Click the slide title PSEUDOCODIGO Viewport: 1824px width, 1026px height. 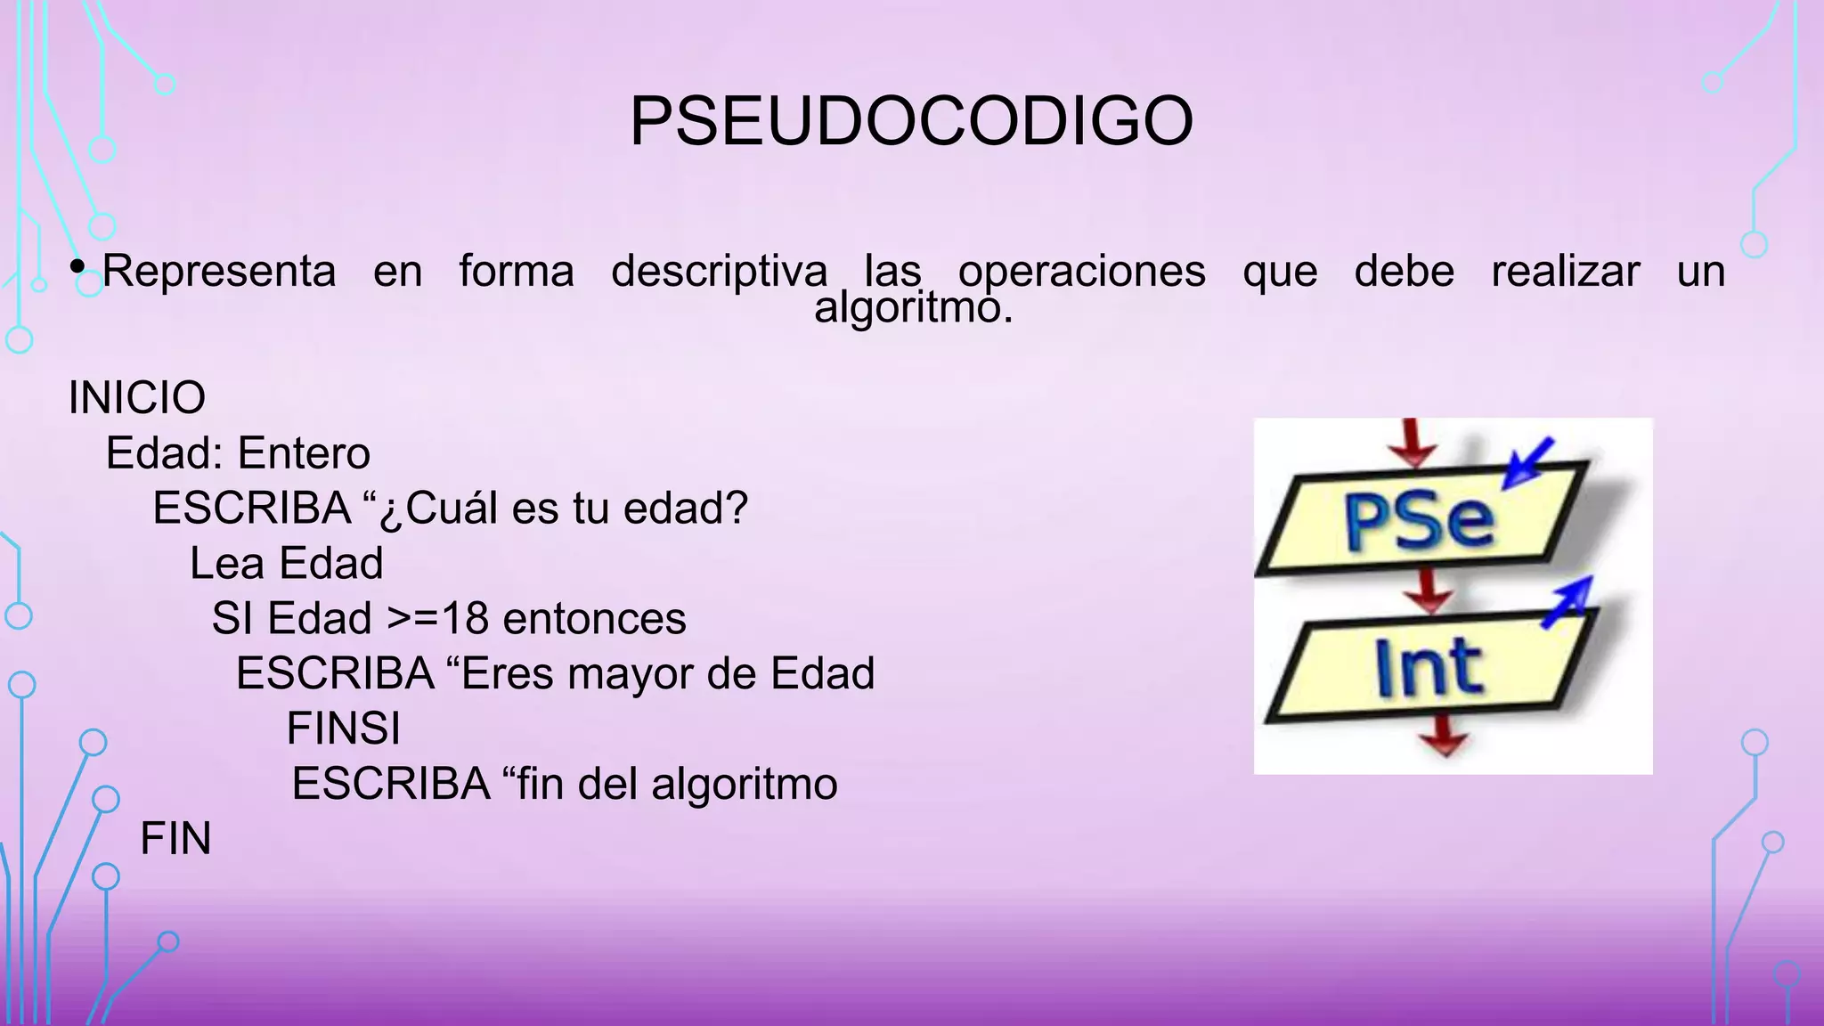911,121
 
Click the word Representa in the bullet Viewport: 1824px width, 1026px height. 219,271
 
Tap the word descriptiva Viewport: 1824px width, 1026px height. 719,271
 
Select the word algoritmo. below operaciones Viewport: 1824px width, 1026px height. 913,308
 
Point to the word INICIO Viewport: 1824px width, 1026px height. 137,397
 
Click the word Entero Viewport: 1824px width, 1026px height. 304,453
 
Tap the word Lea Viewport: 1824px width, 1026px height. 226,564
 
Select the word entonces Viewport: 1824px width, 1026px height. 594,619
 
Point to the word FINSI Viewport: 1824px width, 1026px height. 343,729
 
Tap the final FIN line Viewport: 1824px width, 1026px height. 175,839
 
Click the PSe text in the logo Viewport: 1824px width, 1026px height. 1418,521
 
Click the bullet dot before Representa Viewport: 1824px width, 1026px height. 77,266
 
